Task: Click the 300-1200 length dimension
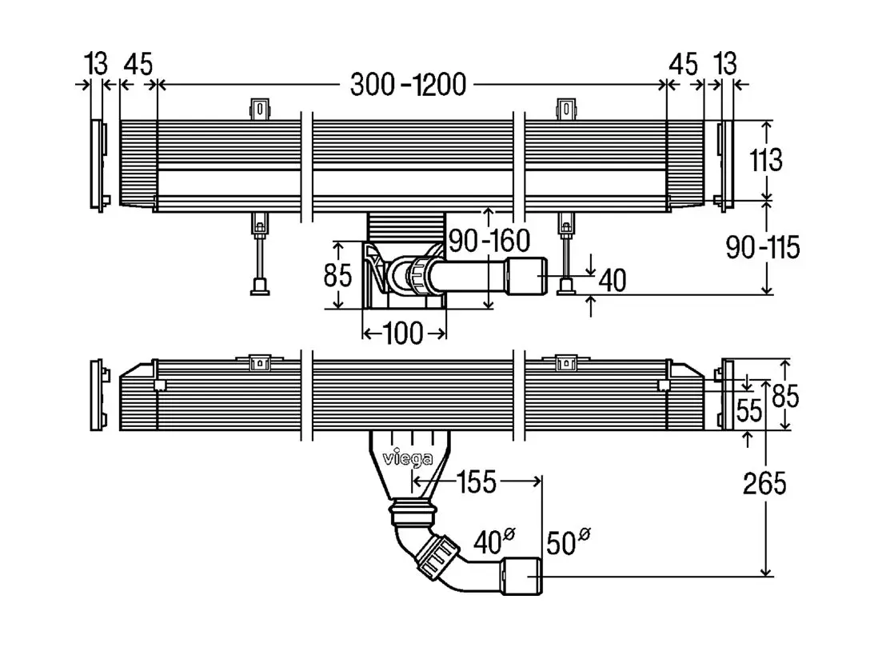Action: tap(409, 85)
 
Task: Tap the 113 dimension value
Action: tap(766, 160)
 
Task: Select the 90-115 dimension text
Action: tap(763, 247)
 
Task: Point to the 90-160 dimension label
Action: tap(489, 241)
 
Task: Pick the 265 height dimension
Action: tap(764, 483)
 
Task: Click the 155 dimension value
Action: tap(477, 482)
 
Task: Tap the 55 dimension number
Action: tap(748, 410)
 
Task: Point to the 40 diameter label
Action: tap(494, 541)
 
